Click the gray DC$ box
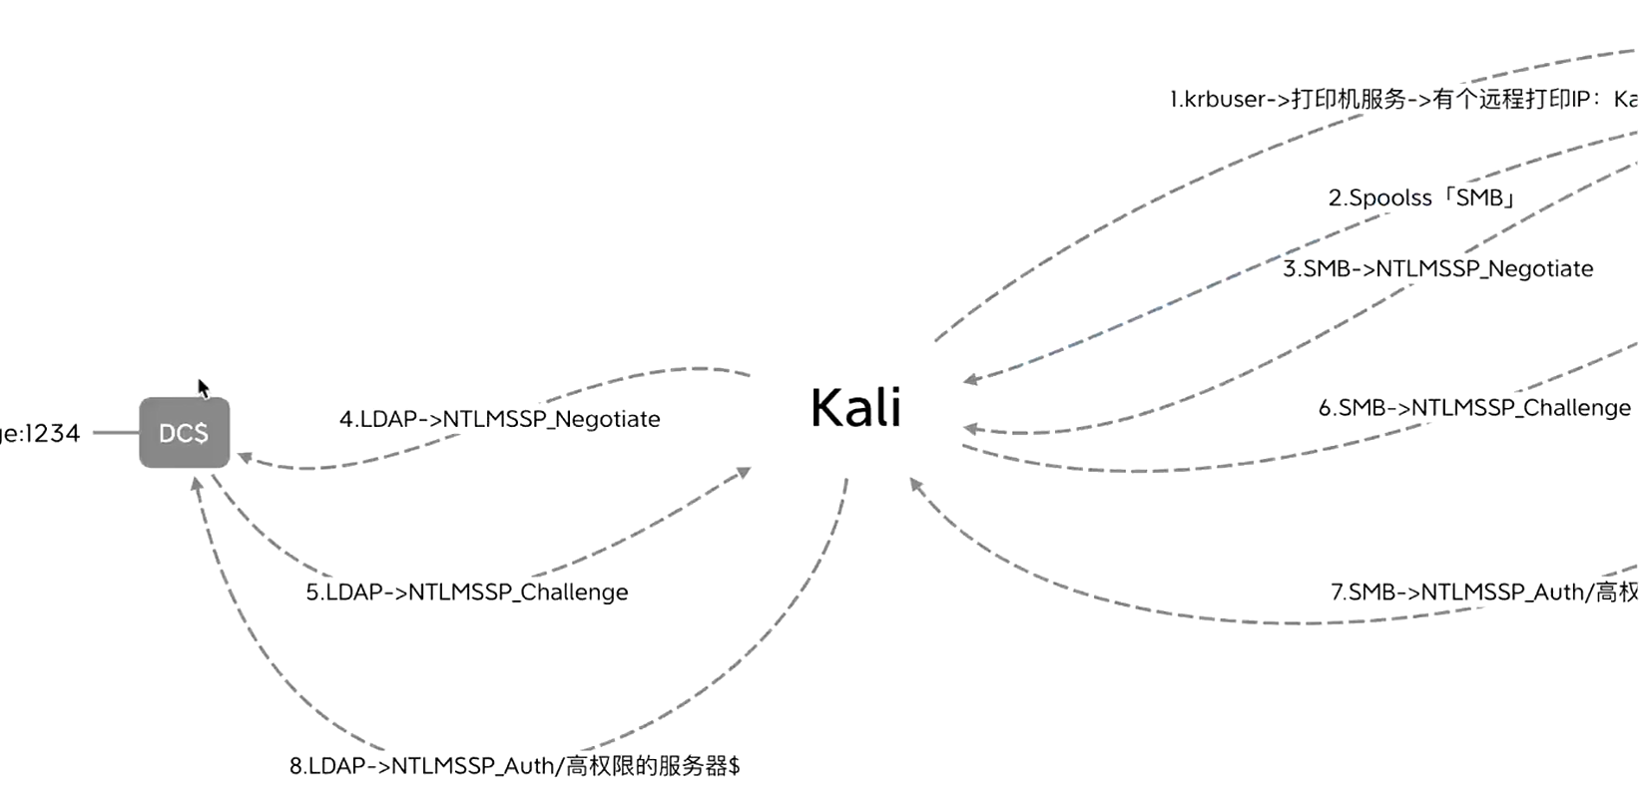point(184,433)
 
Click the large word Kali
point(855,408)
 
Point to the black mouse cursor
point(203,388)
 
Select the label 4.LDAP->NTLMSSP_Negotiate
point(499,419)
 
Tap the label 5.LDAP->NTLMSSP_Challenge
point(466,592)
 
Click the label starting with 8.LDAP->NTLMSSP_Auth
point(514,766)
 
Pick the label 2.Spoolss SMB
point(1421,197)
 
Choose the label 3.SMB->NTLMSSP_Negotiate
point(1437,268)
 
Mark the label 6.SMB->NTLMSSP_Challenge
point(1473,408)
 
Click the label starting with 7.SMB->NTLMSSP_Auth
point(1483,592)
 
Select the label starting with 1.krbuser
point(1402,99)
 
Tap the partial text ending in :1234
point(40,433)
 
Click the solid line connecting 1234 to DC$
point(116,433)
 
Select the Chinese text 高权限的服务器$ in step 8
point(653,766)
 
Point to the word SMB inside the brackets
point(1479,197)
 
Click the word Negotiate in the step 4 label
point(607,419)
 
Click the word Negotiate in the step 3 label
point(1540,268)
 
